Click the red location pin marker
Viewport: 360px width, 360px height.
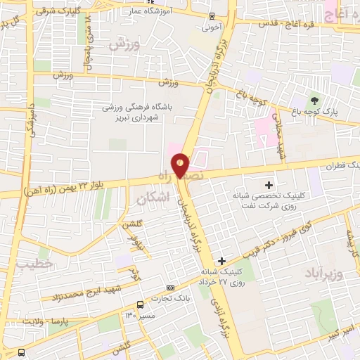coord(181,165)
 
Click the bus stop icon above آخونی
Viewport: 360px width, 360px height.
coord(212,16)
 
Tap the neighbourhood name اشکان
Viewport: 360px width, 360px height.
coord(150,199)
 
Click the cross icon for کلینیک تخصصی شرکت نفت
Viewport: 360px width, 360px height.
coord(269,184)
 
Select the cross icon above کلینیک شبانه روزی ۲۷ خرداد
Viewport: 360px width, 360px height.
coord(222,261)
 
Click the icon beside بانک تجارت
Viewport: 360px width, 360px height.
coord(170,288)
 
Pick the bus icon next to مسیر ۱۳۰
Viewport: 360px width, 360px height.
coord(141,304)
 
